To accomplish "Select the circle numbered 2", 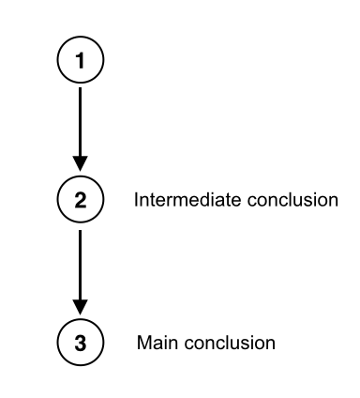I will tap(80, 200).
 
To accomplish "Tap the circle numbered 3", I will tap(80, 342).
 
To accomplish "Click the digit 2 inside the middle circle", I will tap(80, 200).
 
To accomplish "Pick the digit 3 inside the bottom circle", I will tap(80, 342).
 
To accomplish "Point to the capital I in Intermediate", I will tap(137, 200).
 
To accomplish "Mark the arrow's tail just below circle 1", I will tap(80, 90).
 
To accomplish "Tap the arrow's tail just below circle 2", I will tap(80, 230).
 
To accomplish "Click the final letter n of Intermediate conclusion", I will tap(332, 201).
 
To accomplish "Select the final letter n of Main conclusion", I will tap(272, 343).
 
